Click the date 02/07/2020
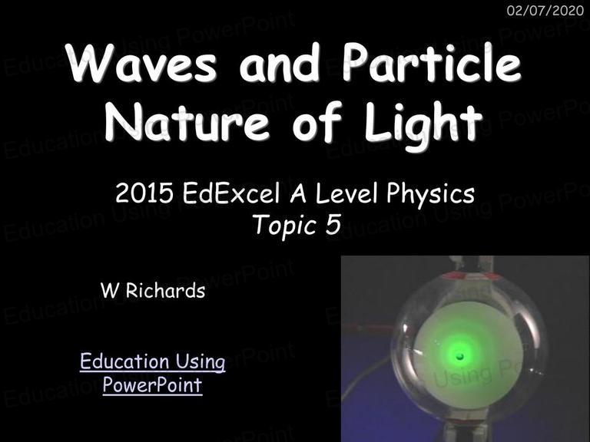[x=545, y=11]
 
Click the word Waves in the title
[x=143, y=62]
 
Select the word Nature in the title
[x=187, y=121]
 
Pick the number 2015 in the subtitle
[x=144, y=193]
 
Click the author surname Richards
[x=165, y=291]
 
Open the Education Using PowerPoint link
[x=152, y=373]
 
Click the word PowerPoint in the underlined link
[x=152, y=385]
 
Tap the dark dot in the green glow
[x=459, y=356]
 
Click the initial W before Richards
[x=109, y=291]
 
